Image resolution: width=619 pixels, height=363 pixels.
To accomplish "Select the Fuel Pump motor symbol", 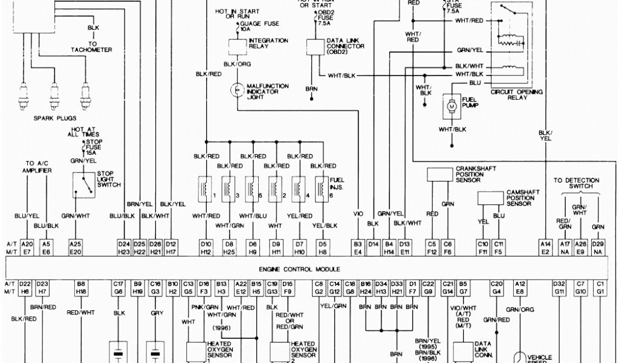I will [451, 105].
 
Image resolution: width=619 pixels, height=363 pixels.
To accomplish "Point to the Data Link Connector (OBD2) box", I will [314, 46].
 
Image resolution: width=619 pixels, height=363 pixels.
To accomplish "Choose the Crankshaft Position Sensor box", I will [439, 174].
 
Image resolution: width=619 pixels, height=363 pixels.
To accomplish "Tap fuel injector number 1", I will [204, 187].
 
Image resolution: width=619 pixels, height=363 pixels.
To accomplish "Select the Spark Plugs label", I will [54, 119].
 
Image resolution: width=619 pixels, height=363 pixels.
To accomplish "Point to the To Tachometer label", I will [92, 47].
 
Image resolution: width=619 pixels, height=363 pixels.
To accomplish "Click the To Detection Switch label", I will [576, 183].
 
